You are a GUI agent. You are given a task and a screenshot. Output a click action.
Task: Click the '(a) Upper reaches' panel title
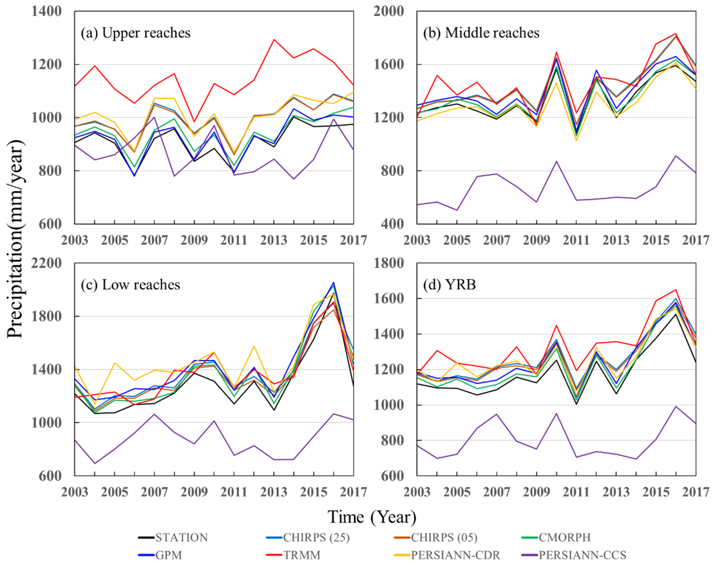(136, 33)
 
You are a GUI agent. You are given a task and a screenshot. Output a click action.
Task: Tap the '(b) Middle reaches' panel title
(481, 33)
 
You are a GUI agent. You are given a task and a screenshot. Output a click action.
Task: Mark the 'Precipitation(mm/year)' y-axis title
(15, 239)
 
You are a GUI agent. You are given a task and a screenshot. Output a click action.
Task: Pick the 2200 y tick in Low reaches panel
(46, 263)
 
